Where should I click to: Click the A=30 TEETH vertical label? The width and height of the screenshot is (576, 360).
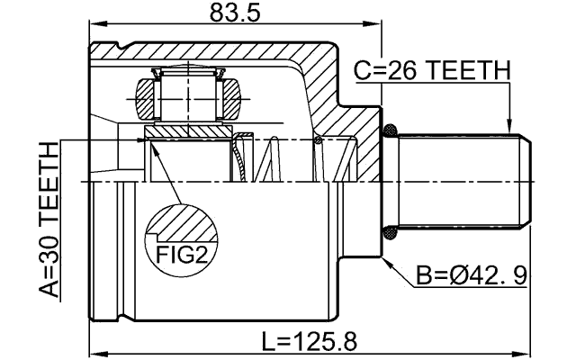point(48,220)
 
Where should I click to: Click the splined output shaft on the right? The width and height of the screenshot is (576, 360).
point(459,182)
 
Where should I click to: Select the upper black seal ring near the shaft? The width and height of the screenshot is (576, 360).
point(390,132)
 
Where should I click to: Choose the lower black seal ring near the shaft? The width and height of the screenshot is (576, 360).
point(390,232)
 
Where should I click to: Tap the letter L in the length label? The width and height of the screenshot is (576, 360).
point(267,341)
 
